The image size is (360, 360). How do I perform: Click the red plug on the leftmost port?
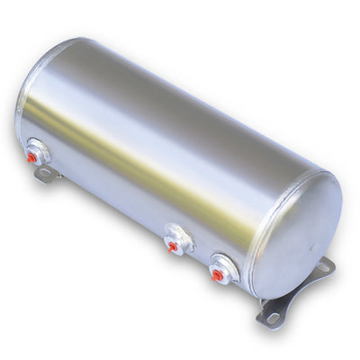coord(32,157)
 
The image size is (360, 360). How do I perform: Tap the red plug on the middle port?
coord(173,246)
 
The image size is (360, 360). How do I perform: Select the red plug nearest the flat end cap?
coord(217,275)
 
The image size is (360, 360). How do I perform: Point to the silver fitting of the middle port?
coord(180,238)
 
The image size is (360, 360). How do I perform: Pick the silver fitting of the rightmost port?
coord(225,267)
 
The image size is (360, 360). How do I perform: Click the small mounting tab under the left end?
coord(46,175)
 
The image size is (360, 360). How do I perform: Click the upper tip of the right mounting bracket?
coord(328,262)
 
